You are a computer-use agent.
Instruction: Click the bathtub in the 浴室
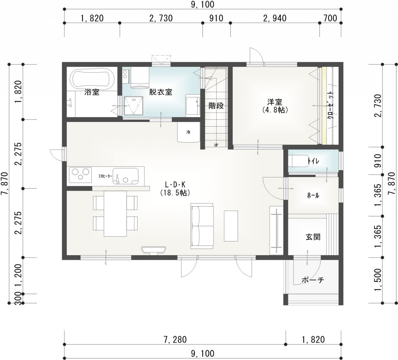[x=92, y=78]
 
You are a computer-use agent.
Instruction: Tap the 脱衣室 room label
[x=161, y=92]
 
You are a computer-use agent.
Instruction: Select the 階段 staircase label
[x=216, y=106]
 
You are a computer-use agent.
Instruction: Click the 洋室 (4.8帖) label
[x=274, y=106]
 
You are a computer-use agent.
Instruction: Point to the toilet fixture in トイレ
[x=299, y=161]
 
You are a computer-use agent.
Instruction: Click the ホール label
[x=313, y=196]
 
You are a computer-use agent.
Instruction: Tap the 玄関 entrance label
[x=313, y=237]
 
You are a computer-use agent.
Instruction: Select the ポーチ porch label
[x=312, y=280]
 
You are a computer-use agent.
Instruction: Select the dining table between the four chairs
[x=115, y=213]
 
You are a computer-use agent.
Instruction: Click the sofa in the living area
[x=202, y=226]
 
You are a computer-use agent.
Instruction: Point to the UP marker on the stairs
[x=216, y=145]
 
